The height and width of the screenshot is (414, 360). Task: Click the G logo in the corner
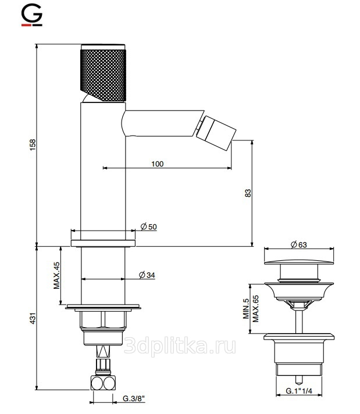pyautogui.click(x=31, y=16)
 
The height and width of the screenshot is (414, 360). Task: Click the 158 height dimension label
pyautogui.click(x=33, y=145)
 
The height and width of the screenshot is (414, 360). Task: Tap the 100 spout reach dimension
pyautogui.click(x=158, y=164)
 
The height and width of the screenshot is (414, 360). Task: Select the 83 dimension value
pyautogui.click(x=248, y=193)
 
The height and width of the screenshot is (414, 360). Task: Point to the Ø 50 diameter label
pyautogui.click(x=149, y=227)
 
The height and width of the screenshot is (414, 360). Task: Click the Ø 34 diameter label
pyautogui.click(x=147, y=275)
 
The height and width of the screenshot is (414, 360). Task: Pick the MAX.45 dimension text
pyautogui.click(x=56, y=275)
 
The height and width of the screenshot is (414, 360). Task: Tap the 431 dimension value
pyautogui.click(x=33, y=318)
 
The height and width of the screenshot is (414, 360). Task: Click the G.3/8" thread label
pyautogui.click(x=134, y=398)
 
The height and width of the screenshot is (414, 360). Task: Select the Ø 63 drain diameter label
pyautogui.click(x=299, y=245)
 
